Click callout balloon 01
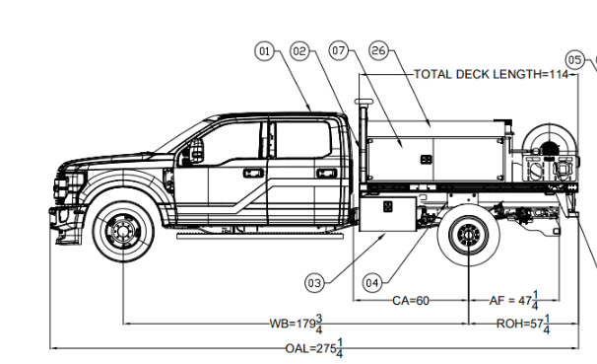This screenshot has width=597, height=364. pos(264,51)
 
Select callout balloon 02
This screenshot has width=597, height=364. pos(300,51)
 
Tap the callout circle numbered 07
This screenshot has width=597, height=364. pos(339,50)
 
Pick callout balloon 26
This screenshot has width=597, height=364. pos(379,50)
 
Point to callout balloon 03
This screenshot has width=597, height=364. pos(314,283)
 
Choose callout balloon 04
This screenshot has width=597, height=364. pos(372,283)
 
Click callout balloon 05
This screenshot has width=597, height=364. pos(575,60)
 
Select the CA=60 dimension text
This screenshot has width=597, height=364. pos(411,301)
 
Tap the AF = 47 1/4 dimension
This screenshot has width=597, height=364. pos(514,300)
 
